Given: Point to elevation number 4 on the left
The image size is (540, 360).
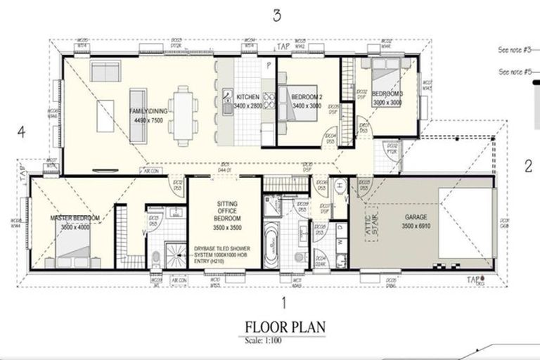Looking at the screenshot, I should pyautogui.click(x=22, y=131).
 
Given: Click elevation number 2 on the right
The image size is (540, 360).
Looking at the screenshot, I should pyautogui.click(x=527, y=166).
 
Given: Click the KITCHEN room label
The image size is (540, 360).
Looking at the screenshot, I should pyautogui.click(x=248, y=97).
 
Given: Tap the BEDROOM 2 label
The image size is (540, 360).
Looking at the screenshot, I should pyautogui.click(x=307, y=97).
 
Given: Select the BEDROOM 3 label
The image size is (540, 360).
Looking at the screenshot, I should pyautogui.click(x=387, y=94).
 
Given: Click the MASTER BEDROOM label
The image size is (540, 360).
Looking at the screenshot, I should pyautogui.click(x=75, y=219).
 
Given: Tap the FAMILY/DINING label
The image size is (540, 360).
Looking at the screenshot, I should pyautogui.click(x=147, y=111).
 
